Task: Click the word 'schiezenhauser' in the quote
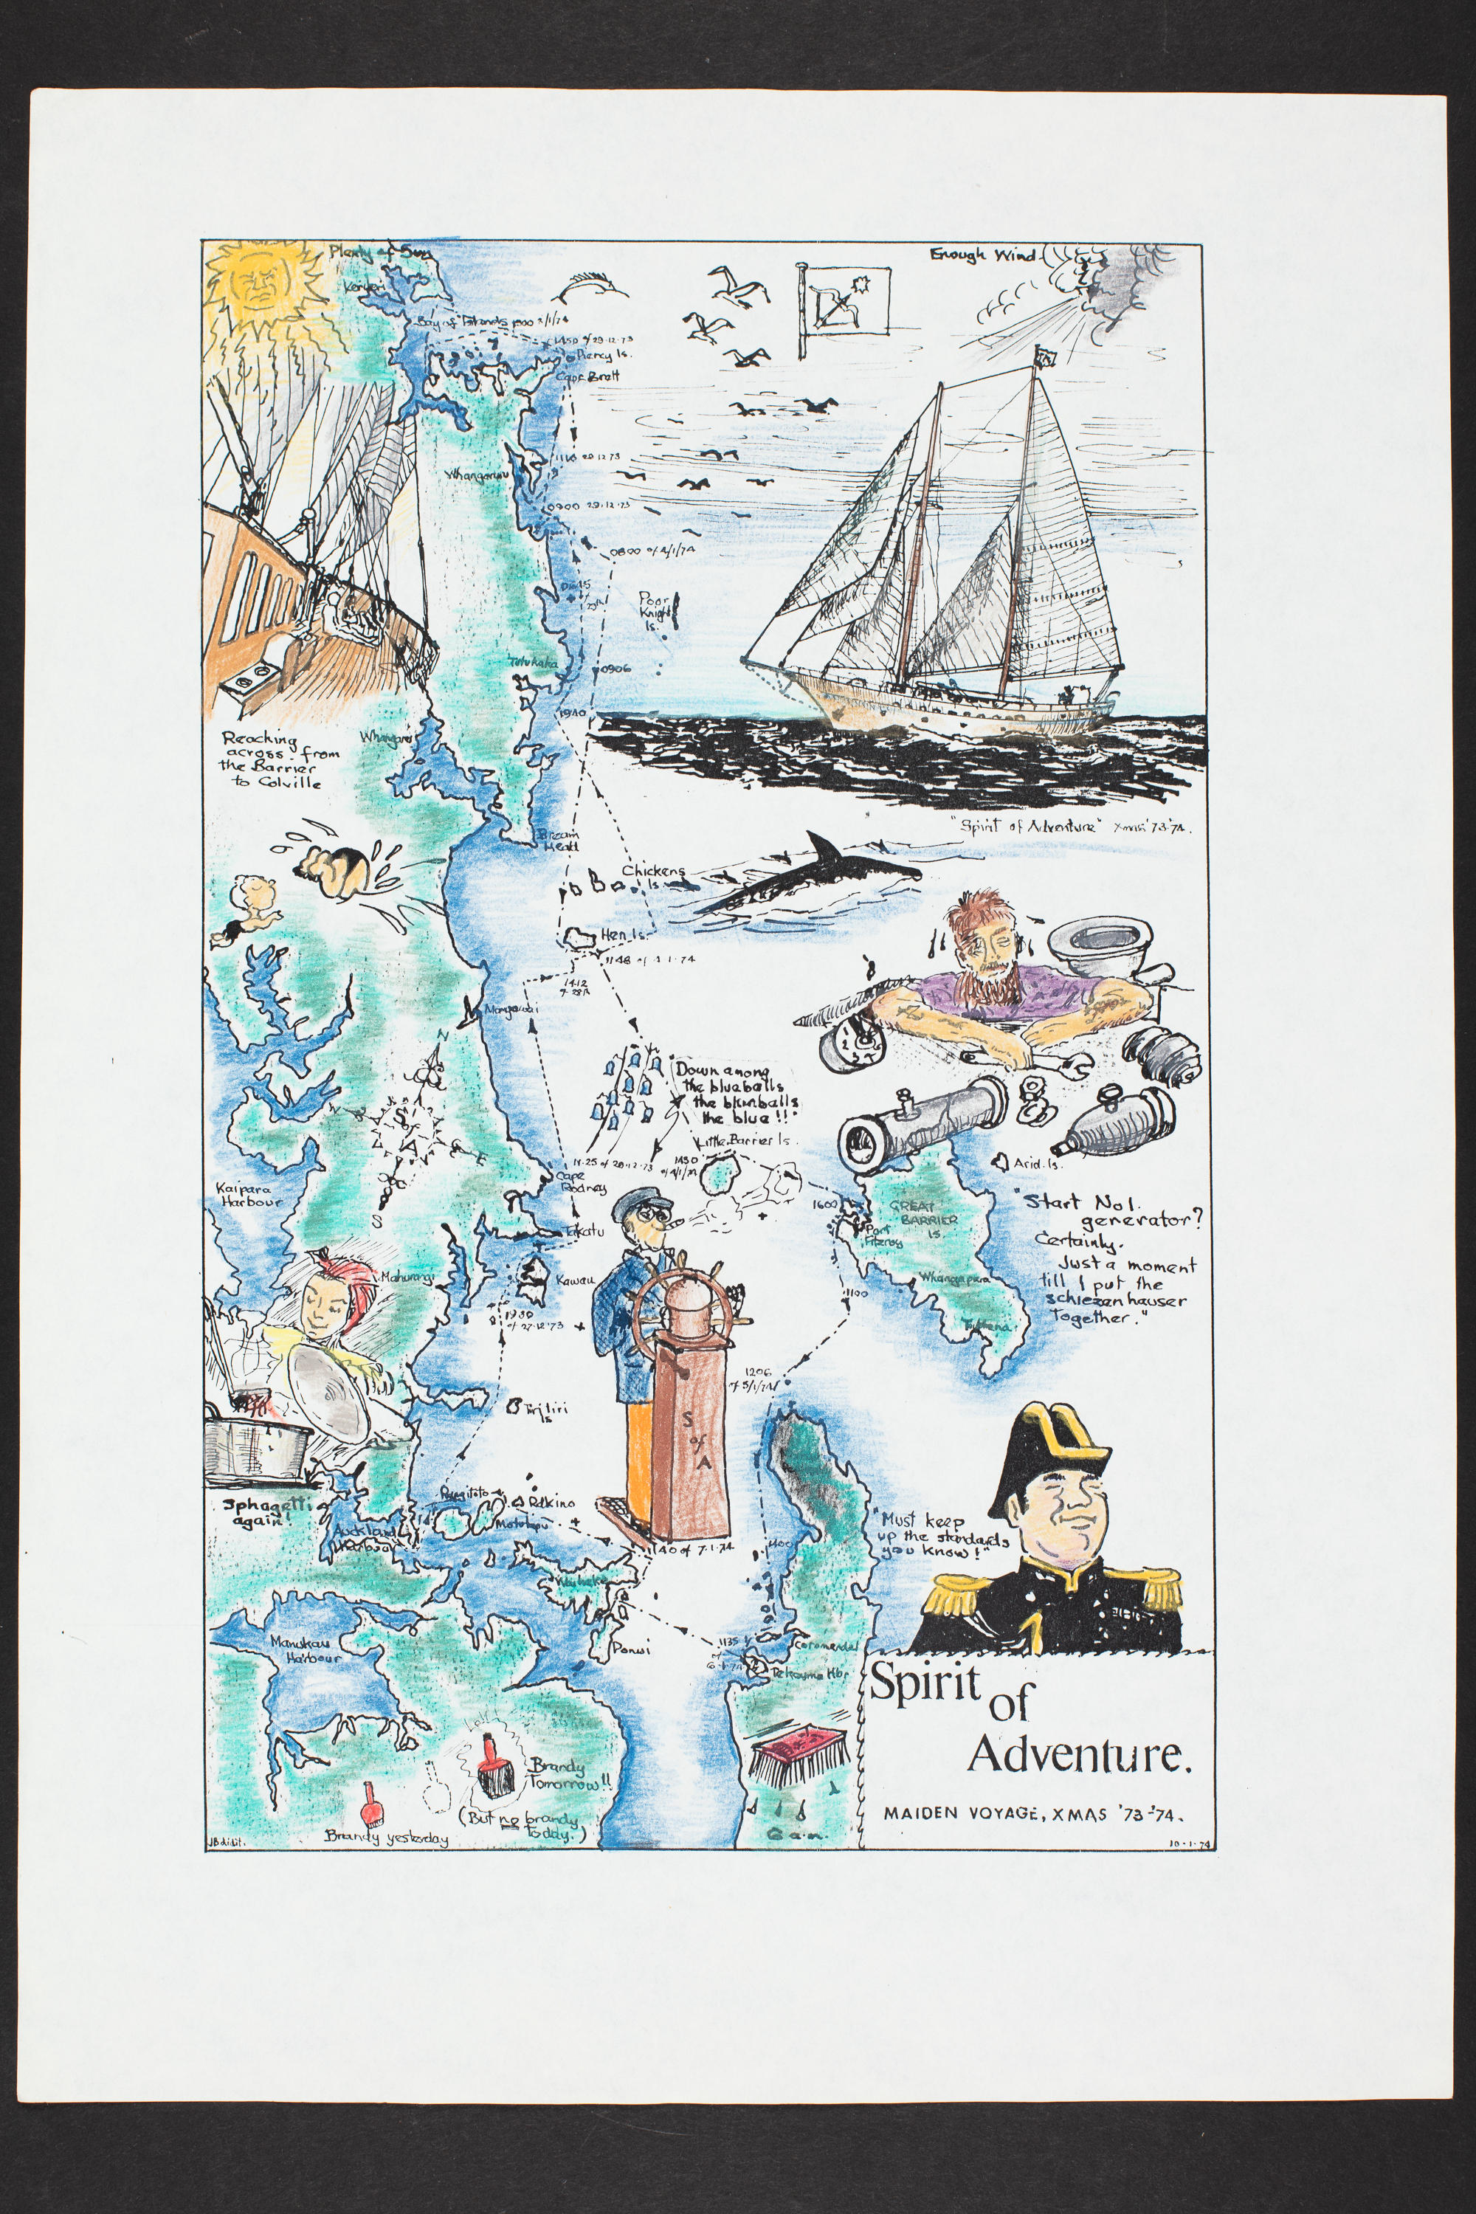(1115, 1301)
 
